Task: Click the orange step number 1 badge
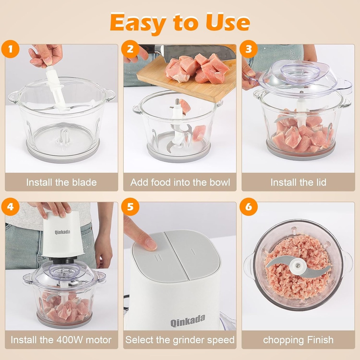12,49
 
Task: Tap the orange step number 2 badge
130,49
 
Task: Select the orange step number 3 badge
249,49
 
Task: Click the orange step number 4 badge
12,207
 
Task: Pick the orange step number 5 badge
130,207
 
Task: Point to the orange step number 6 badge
249,207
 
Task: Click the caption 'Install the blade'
62,182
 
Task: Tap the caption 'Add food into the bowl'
180,182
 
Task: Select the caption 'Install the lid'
298,182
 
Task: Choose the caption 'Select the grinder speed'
180,340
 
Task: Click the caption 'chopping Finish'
298,340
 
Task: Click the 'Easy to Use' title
180,22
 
